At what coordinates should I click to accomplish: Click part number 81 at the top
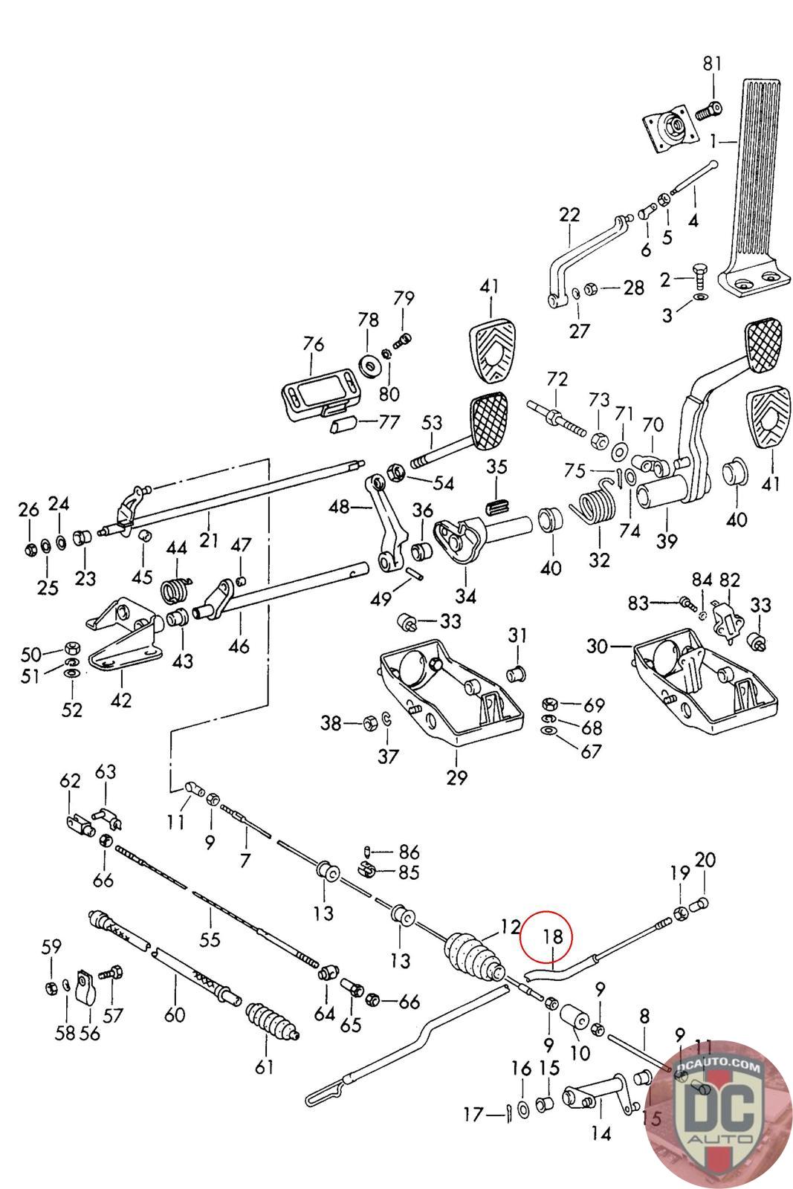[712, 64]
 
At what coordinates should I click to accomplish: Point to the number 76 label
[314, 345]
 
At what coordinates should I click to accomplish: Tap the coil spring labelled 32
[596, 502]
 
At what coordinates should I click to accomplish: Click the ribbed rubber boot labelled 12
[473, 959]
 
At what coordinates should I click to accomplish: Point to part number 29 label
[457, 777]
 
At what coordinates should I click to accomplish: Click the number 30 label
[597, 647]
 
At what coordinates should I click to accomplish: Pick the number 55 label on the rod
[210, 939]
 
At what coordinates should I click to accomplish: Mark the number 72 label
[557, 380]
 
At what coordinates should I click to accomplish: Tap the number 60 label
[175, 1014]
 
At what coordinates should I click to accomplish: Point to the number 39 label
[667, 541]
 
